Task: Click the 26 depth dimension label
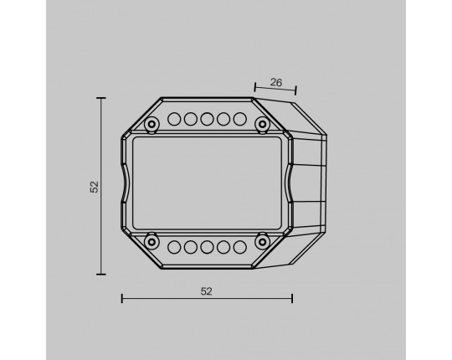click(276, 82)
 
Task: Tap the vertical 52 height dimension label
click(95, 187)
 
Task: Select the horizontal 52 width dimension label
click(207, 291)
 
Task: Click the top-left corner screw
click(152, 124)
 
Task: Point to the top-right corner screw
click(262, 124)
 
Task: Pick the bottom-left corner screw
click(152, 242)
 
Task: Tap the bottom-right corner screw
click(262, 242)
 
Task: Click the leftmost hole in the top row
click(174, 119)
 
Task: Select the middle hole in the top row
click(207, 119)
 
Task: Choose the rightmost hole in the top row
click(240, 119)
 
